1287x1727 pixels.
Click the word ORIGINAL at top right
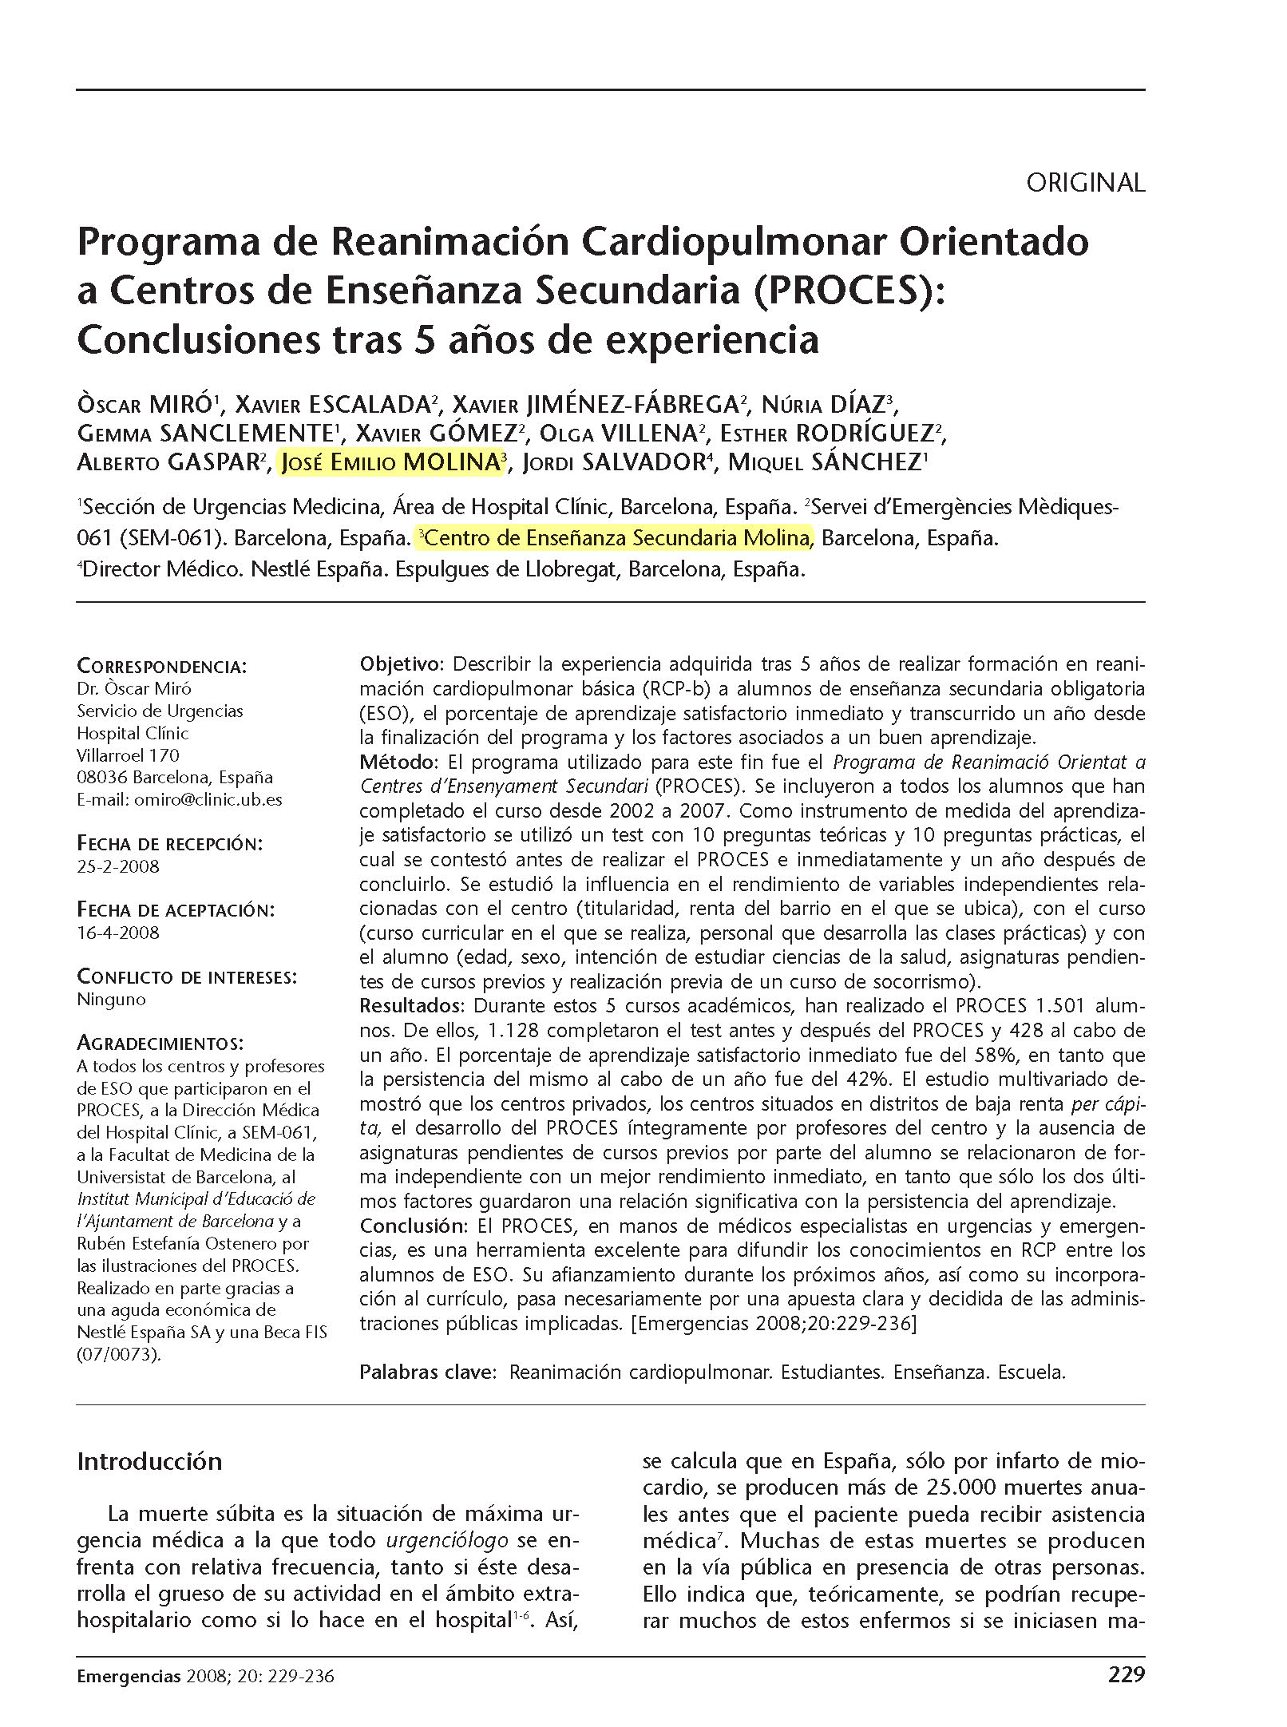pyautogui.click(x=1084, y=183)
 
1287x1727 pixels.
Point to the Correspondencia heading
pyautogui.click(x=161, y=666)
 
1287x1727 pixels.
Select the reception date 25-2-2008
pyautogui.click(x=117, y=866)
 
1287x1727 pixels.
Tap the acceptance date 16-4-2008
pyautogui.click(x=117, y=933)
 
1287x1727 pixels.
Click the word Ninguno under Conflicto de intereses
pyautogui.click(x=111, y=1000)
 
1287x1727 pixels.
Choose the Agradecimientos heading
pyautogui.click(x=160, y=1043)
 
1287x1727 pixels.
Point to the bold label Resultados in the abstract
pyautogui.click(x=410, y=1005)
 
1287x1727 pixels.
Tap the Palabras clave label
pyautogui.click(x=427, y=1372)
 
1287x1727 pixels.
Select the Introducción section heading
pyautogui.click(x=149, y=1460)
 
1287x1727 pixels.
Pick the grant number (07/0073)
pyautogui.click(x=118, y=1354)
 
